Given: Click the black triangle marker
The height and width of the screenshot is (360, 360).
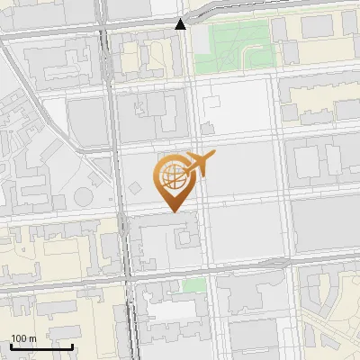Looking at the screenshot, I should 181,23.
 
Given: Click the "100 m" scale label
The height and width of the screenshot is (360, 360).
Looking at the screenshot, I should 23,338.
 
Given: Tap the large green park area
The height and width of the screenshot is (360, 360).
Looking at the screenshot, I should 238,45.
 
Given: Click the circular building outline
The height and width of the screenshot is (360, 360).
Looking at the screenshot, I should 83,195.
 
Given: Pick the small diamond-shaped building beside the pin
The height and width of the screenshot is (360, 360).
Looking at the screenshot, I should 134,188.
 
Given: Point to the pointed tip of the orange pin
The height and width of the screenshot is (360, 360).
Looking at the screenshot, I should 174,211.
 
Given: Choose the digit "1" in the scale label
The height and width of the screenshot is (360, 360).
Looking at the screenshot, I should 13,338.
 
